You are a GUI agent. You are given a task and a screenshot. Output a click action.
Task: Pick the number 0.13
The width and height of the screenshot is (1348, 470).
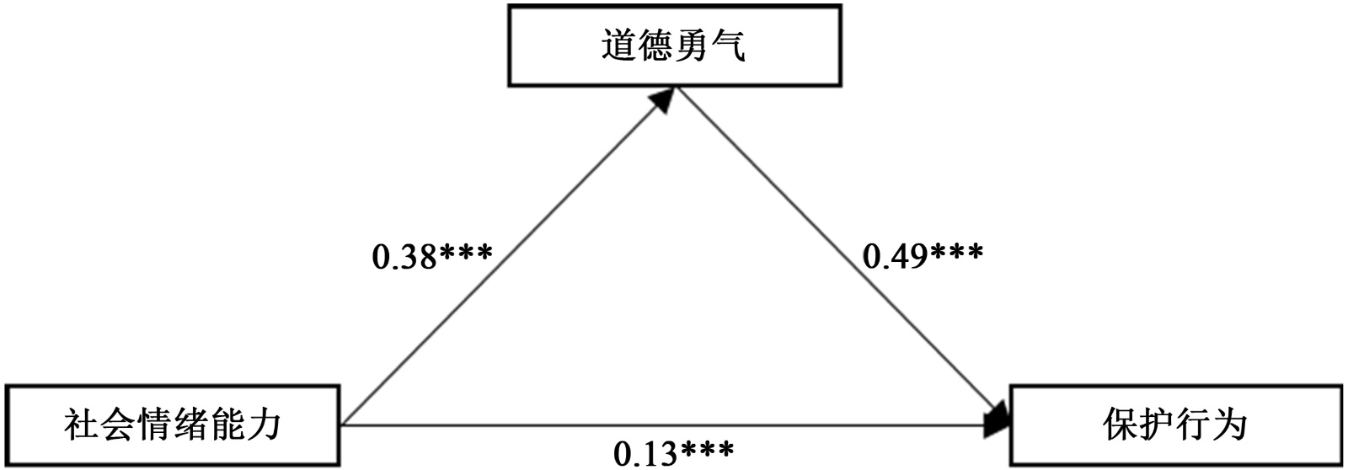pos(645,454)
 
